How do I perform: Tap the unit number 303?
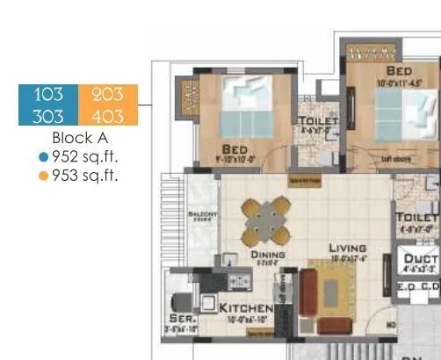[x=48, y=115]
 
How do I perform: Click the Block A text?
[x=78, y=138]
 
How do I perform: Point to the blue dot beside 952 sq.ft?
[x=44, y=157]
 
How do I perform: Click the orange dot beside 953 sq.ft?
[x=44, y=176]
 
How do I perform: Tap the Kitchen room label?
[x=246, y=309]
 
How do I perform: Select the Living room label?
[x=348, y=248]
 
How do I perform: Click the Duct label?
[x=419, y=258]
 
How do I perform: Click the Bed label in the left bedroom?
[x=235, y=149]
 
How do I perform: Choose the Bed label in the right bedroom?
[x=401, y=69]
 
